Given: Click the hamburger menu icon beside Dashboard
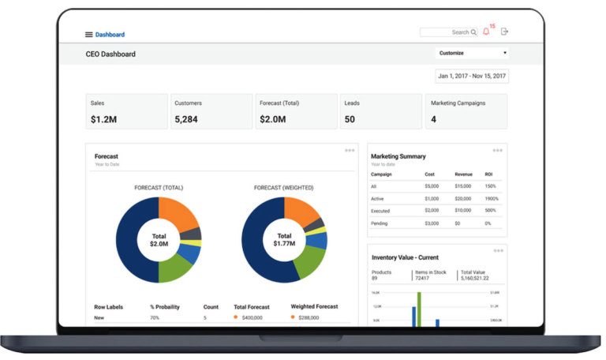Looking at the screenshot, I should point(89,35).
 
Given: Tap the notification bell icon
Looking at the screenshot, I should point(486,32).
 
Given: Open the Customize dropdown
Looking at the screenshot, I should point(472,53).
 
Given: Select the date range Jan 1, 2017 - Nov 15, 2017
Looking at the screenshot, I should point(472,76).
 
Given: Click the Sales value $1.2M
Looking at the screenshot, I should point(104,119).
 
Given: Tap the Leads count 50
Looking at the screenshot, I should point(350,119).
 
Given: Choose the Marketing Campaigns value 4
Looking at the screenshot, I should point(433,119).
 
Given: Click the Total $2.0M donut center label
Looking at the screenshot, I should point(159,240).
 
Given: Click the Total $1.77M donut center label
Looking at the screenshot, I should point(284,240).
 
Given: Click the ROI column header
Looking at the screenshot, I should point(489,174).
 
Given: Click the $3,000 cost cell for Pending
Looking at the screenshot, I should point(432,223).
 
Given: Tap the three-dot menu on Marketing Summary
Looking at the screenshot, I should point(497,150).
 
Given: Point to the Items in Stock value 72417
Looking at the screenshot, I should point(427,279).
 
